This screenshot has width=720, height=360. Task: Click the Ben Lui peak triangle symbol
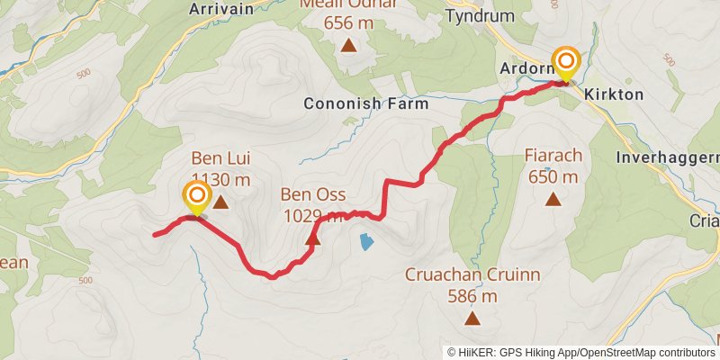[x=220, y=202]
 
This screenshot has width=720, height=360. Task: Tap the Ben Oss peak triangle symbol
[x=313, y=239]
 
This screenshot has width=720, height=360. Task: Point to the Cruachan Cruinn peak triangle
[x=472, y=318]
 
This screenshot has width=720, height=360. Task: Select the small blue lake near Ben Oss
[x=365, y=241]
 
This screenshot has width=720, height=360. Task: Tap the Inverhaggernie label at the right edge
[x=667, y=157]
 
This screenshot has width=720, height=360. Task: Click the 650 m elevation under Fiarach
[x=553, y=176]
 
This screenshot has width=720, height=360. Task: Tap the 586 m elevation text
[x=472, y=295]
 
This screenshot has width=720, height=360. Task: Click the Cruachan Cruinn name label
[x=472, y=274]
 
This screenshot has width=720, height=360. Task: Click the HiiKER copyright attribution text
[x=580, y=352]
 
